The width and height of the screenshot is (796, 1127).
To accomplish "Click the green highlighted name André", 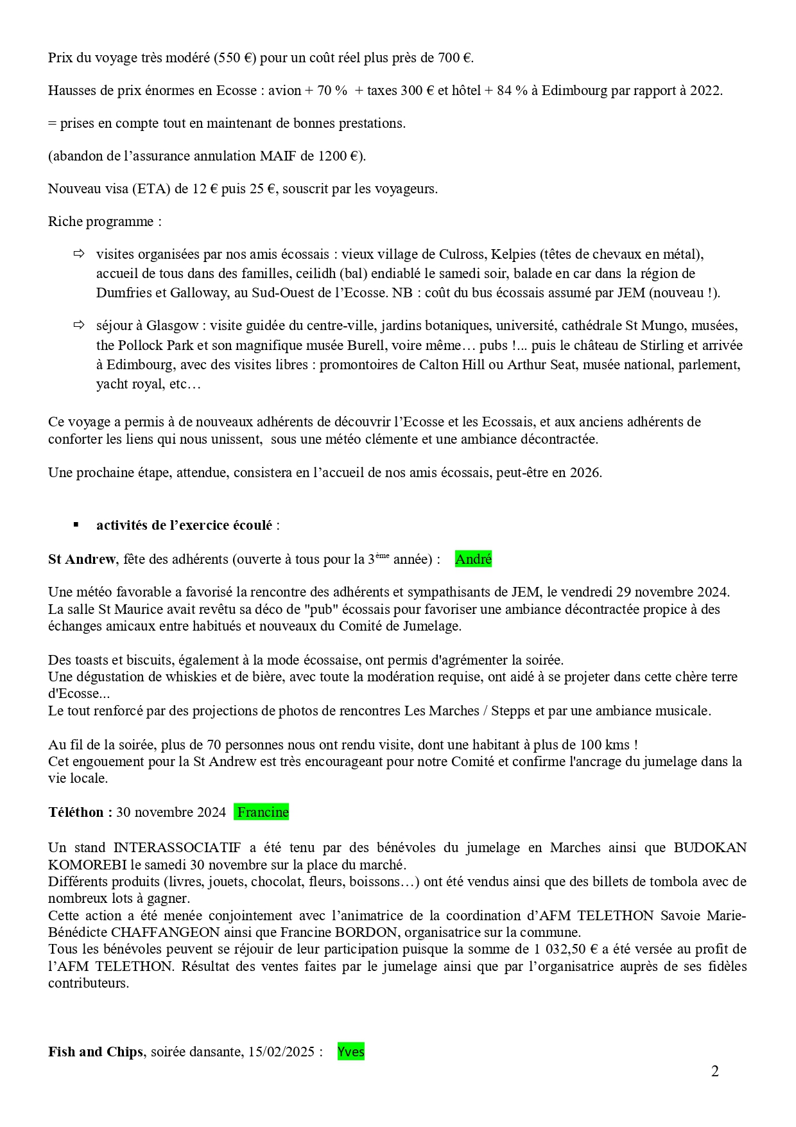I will coord(473,559).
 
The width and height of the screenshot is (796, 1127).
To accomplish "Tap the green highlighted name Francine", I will coord(262,812).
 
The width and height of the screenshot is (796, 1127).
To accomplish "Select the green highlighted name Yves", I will coord(350,1052).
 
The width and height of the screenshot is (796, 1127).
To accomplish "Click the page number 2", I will coord(714,1071).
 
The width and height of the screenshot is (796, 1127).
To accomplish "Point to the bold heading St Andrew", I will coord(82,559).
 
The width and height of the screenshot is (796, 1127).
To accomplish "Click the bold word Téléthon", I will coord(80,812).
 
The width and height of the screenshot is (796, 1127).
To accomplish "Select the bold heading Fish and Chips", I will coord(96,1052).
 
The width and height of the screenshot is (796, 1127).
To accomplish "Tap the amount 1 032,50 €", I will coord(565,949).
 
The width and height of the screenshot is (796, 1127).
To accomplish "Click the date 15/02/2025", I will coord(282,1052).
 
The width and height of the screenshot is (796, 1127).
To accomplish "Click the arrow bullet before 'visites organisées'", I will coord(79,254).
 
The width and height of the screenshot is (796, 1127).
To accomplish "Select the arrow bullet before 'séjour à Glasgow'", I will coord(79,326).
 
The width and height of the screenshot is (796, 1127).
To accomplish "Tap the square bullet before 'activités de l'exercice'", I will coord(76,525).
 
